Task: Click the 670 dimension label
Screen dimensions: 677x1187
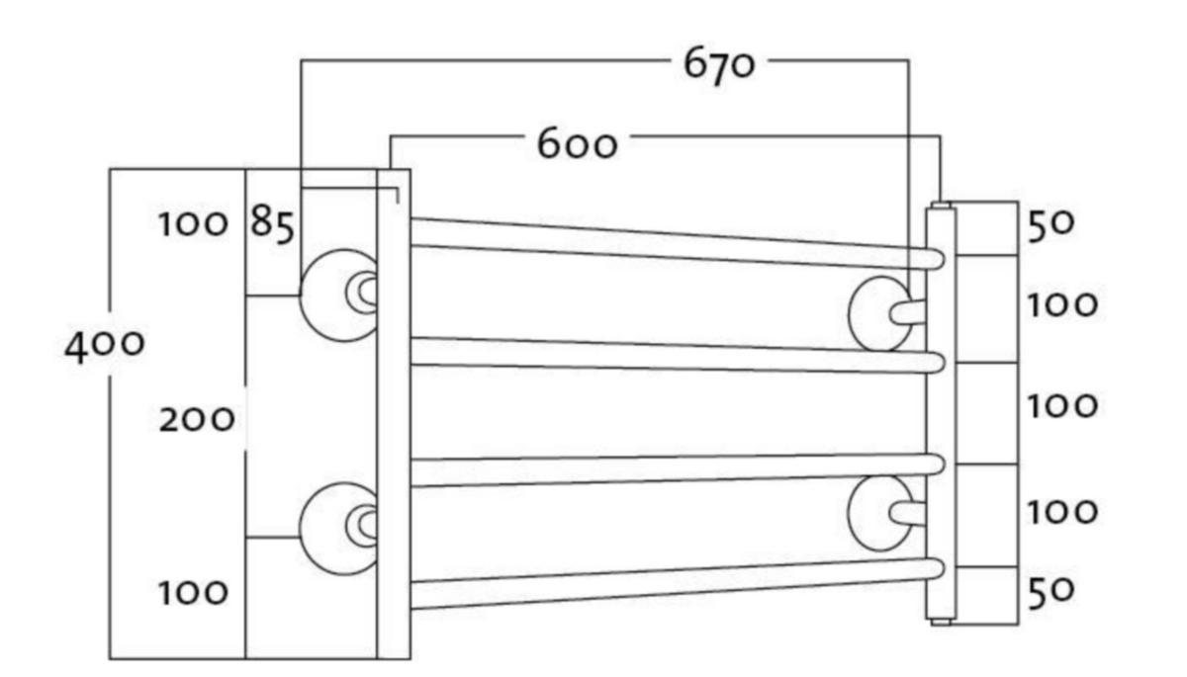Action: pyautogui.click(x=719, y=65)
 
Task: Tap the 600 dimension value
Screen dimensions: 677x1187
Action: pyautogui.click(x=577, y=144)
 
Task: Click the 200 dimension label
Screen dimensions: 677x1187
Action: pyautogui.click(x=197, y=420)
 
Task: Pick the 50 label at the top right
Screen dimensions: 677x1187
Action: pyautogui.click(x=1050, y=224)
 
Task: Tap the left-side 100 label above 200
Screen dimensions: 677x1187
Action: pyautogui.click(x=193, y=224)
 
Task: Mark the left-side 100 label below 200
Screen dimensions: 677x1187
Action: pyautogui.click(x=193, y=593)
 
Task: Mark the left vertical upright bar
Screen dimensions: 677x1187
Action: pyautogui.click(x=393, y=415)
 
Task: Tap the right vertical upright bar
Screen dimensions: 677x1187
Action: pyautogui.click(x=940, y=415)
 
